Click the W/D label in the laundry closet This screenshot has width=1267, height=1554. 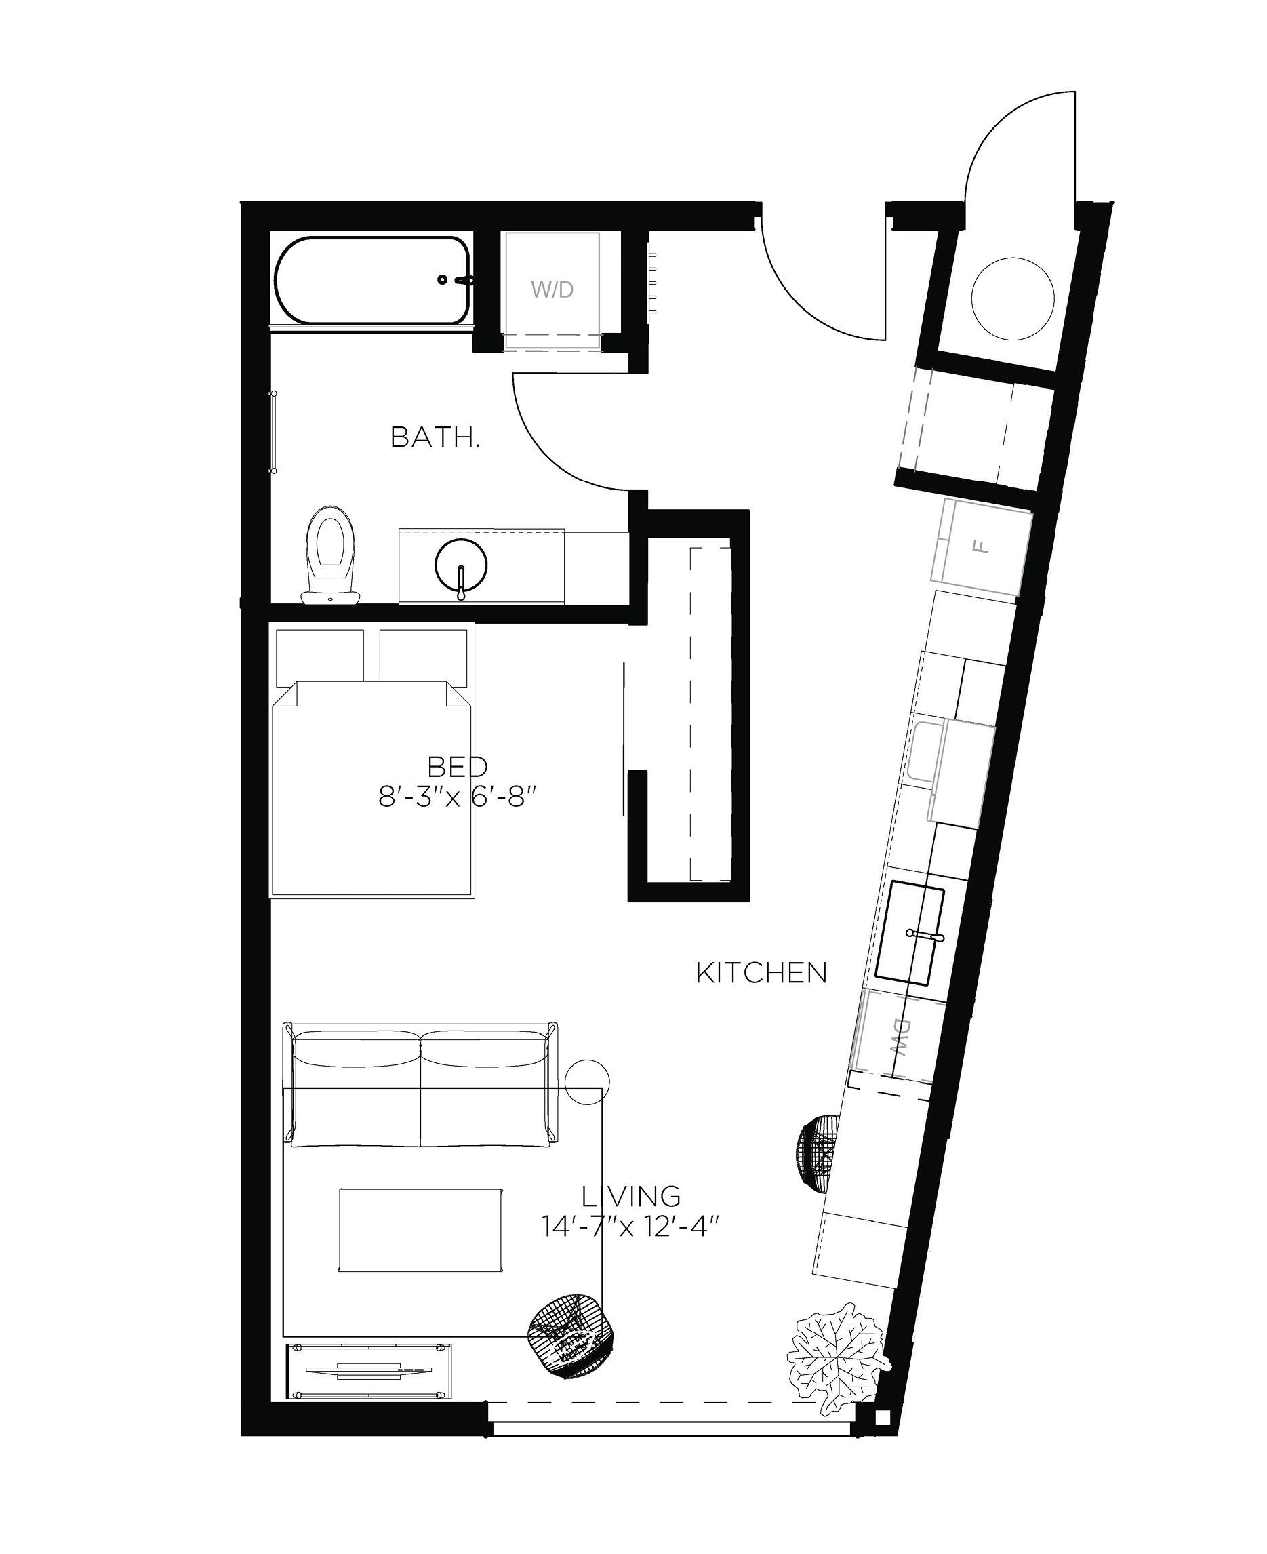552,290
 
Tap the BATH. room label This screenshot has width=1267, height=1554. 435,437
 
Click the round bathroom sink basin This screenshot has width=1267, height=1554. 460,565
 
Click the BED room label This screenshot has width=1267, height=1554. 458,767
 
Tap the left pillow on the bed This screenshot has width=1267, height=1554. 320,655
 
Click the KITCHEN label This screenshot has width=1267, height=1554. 761,973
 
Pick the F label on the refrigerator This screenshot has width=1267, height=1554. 982,546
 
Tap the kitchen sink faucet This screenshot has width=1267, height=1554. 924,934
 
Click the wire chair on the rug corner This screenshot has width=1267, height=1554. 571,1337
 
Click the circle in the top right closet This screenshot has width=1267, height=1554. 1013,298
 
